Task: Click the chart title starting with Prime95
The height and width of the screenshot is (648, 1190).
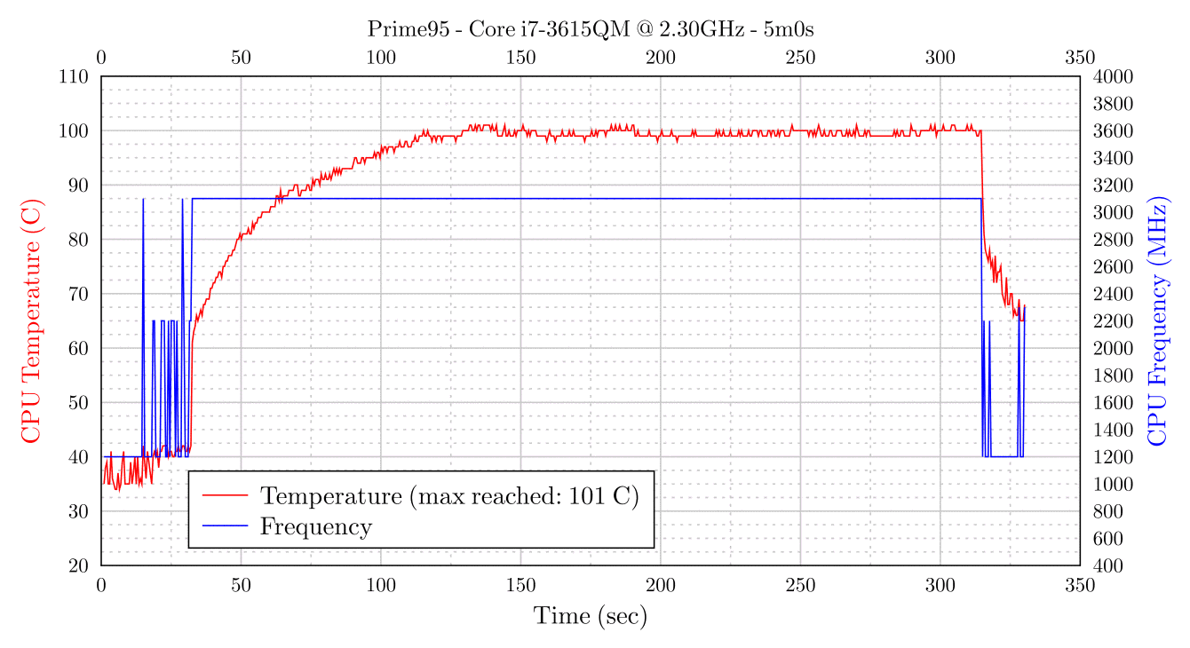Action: tap(591, 29)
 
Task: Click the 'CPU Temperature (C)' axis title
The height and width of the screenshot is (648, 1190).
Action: tap(30, 320)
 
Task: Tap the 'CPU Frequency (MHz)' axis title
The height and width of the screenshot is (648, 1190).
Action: tap(1157, 320)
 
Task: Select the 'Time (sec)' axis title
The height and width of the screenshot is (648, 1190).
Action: tap(591, 616)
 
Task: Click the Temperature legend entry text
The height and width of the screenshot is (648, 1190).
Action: tap(448, 495)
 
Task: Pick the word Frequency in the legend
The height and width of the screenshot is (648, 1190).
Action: tap(315, 526)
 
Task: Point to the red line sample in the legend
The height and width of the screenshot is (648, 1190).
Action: tap(225, 495)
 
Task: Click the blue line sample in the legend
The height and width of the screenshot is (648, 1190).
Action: tap(225, 526)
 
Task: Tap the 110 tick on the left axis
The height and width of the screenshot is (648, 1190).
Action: tap(74, 76)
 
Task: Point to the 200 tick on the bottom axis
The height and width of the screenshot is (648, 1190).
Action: tap(661, 586)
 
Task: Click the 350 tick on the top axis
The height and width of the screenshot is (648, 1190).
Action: tap(1080, 59)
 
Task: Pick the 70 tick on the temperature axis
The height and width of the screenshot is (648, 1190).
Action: tap(78, 294)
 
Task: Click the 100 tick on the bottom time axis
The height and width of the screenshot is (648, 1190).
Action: tap(381, 586)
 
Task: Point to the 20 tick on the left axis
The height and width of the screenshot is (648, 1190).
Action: tap(78, 565)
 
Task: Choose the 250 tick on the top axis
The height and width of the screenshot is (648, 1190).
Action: tap(800, 59)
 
